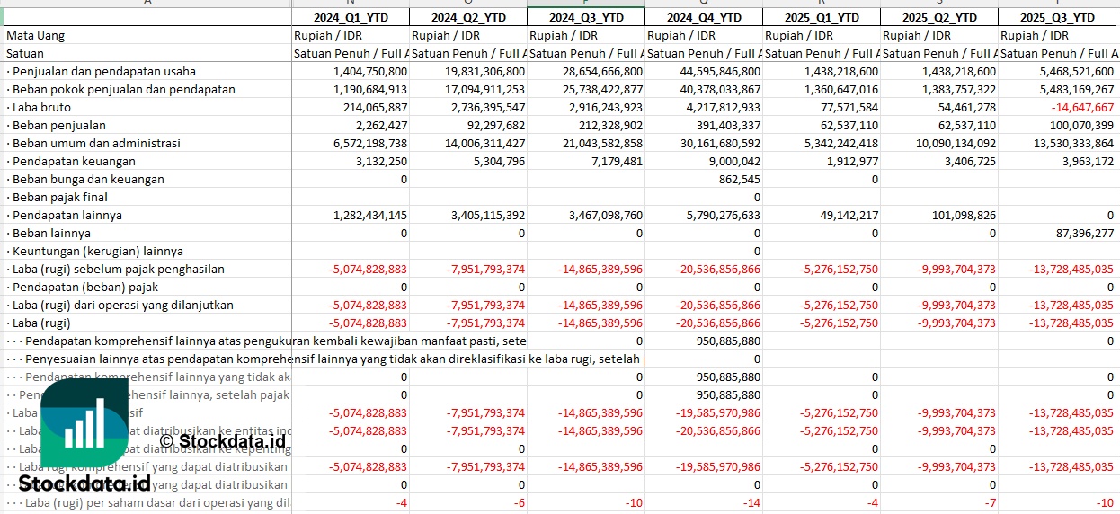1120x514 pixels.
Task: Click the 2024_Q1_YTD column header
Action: (351, 17)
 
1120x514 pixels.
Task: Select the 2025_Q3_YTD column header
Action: (1057, 17)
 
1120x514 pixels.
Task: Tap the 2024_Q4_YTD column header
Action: (704, 17)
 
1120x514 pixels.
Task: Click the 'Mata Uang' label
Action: (35, 35)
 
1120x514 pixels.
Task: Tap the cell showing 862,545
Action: (738, 179)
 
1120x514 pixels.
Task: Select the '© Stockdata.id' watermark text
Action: (222, 440)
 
